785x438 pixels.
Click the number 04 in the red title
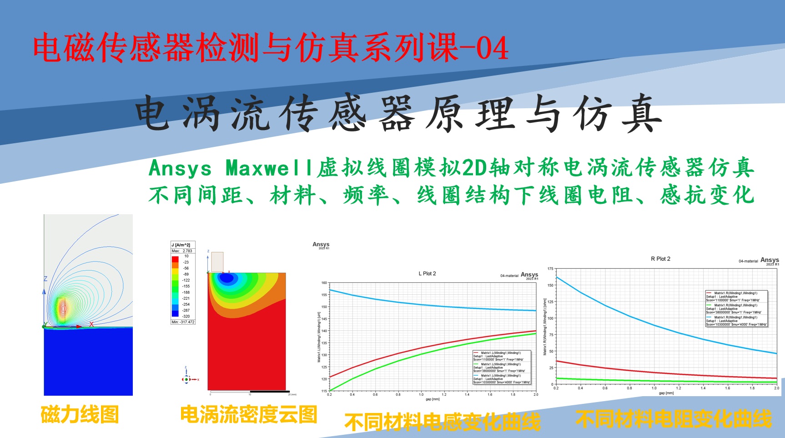coord(492,48)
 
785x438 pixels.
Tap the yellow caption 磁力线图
coord(80,415)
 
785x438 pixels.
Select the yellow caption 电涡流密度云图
coord(248,415)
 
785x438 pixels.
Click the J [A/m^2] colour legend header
coord(181,245)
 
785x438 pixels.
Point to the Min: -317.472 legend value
coord(183,322)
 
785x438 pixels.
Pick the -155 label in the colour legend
coord(186,287)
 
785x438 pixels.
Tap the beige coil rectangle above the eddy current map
coord(217,262)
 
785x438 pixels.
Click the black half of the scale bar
coord(270,391)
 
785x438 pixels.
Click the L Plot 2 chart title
coord(427,274)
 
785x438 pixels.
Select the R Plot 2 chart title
coord(660,259)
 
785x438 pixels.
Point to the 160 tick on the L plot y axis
coord(324,283)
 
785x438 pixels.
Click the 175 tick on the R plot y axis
coord(550,269)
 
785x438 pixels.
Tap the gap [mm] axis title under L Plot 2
coord(433,399)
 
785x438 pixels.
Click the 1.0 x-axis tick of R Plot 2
coord(654,388)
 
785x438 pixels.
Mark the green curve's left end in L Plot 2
coord(330,390)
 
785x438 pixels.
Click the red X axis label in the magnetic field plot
coord(91,324)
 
